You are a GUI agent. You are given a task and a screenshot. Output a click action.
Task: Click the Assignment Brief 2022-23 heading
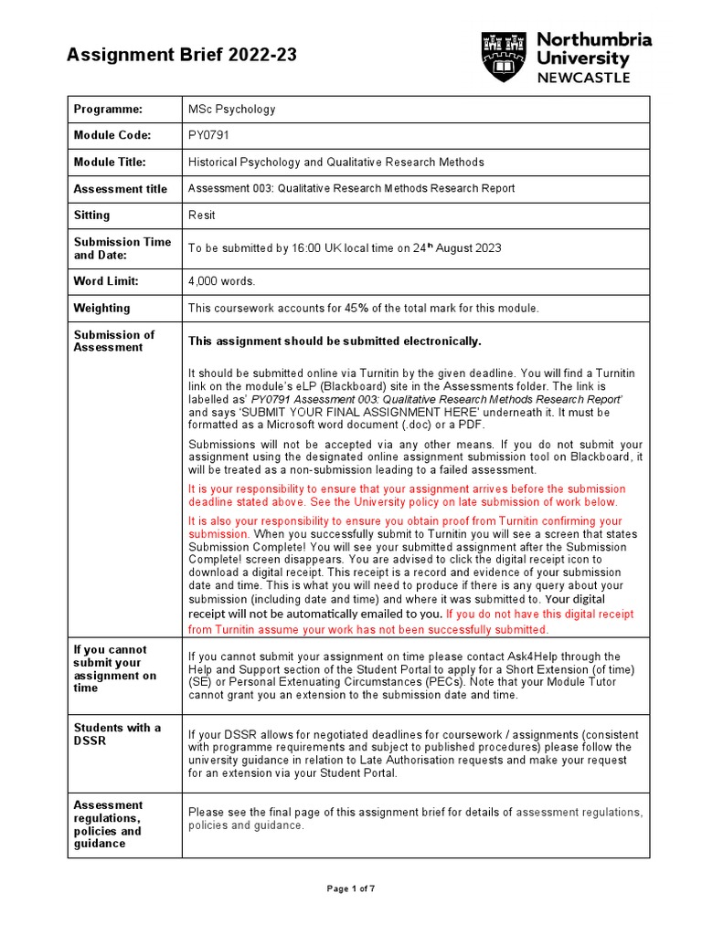[181, 56]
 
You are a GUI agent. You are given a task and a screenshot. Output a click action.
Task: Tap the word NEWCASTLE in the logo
[583, 78]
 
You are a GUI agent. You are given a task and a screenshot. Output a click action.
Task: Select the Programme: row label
[108, 110]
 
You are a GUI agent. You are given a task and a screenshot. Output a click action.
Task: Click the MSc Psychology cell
[231, 110]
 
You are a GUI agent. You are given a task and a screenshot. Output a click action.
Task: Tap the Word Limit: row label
[105, 282]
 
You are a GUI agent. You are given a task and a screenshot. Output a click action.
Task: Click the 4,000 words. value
[222, 282]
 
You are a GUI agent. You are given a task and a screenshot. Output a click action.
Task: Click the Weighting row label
[101, 309]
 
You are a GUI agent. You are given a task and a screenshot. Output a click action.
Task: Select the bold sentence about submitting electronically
[334, 341]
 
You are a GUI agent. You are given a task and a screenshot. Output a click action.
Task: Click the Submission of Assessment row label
[114, 341]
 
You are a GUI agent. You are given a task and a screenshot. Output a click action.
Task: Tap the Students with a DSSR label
[117, 734]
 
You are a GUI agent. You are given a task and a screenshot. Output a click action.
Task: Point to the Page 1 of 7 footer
[351, 888]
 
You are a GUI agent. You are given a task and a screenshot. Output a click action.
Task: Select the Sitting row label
[91, 215]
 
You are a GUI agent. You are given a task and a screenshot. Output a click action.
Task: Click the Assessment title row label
[120, 189]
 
